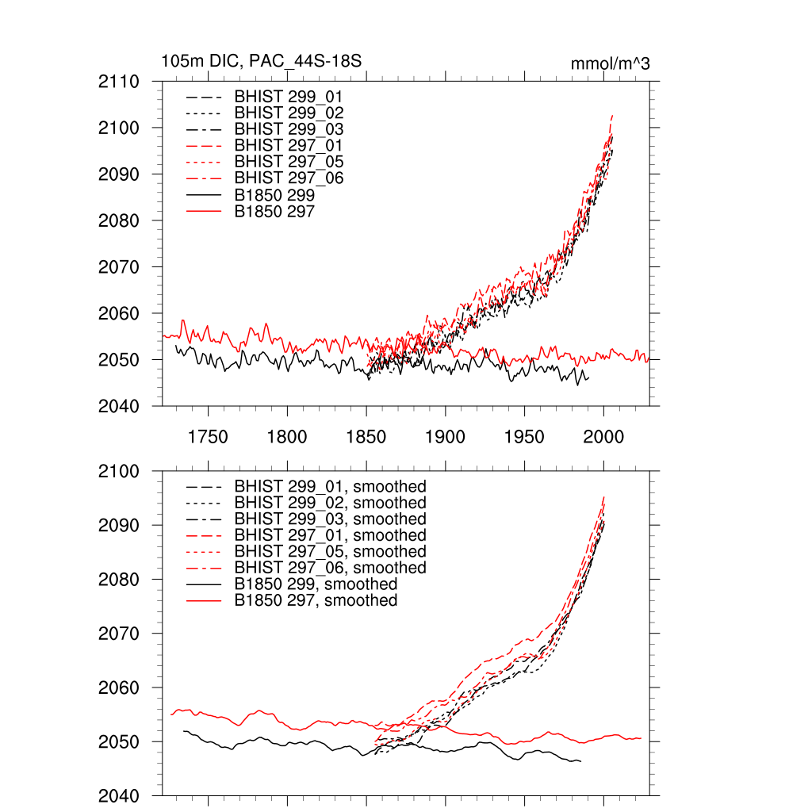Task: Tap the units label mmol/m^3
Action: (610, 63)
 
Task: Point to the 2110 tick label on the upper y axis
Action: (119, 82)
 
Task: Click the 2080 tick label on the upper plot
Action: (119, 220)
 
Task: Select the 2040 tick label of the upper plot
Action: (119, 407)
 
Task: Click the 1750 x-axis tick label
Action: (208, 437)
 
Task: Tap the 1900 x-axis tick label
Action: (445, 437)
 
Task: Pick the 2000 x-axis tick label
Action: (603, 437)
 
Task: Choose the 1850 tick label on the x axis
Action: (366, 437)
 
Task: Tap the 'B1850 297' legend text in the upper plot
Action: (274, 211)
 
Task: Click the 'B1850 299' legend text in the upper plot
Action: (274, 195)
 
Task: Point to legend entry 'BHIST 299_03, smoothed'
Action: (330, 519)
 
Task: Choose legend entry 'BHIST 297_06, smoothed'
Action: (330, 568)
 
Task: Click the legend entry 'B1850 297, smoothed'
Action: (316, 600)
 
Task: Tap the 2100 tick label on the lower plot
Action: (119, 471)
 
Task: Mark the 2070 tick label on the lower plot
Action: (119, 634)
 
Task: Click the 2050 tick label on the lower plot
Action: (119, 742)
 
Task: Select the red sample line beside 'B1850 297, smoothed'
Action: (204, 601)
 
